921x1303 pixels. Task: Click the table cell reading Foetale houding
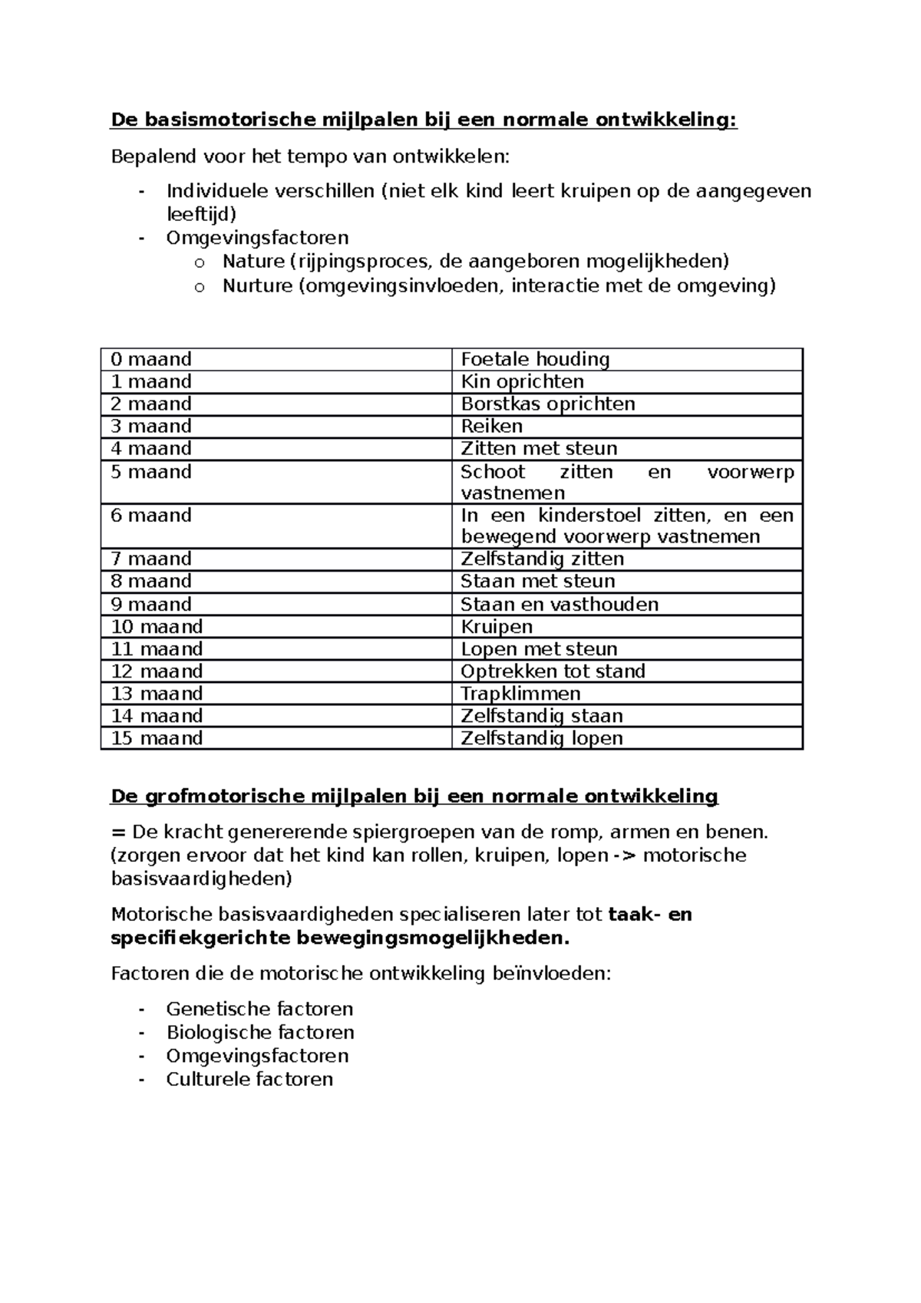[535, 359]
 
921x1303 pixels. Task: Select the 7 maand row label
[151, 559]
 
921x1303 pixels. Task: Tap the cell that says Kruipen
[497, 626]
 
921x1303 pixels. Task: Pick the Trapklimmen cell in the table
[520, 694]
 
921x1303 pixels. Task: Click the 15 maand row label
[157, 738]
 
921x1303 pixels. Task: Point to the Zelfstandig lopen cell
[541, 738]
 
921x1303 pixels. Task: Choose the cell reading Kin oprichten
[522, 381]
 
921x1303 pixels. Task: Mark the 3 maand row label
[151, 426]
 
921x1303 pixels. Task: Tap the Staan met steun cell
[537, 581]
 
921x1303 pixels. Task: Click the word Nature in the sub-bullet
[253, 262]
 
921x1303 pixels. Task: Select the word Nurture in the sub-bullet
[257, 286]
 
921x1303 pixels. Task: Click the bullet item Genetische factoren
[259, 1008]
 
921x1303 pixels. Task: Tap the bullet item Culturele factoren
[249, 1079]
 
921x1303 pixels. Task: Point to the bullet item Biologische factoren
[260, 1032]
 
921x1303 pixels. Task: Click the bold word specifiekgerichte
[200, 938]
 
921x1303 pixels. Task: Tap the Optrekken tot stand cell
[553, 671]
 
